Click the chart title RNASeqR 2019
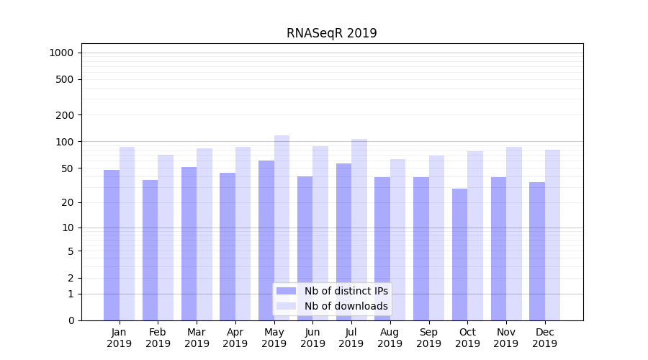click(x=331, y=33)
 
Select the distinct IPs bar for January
click(x=112, y=245)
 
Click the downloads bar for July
click(x=359, y=230)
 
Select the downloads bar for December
click(x=553, y=235)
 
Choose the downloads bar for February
click(x=166, y=238)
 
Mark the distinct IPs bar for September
click(x=421, y=248)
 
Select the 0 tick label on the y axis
click(x=71, y=320)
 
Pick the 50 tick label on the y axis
click(x=67, y=168)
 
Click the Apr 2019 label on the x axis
click(x=235, y=338)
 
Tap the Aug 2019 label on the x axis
click(x=390, y=338)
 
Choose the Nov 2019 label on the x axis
click(x=506, y=338)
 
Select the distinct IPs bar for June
click(x=305, y=248)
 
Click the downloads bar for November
click(x=514, y=233)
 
